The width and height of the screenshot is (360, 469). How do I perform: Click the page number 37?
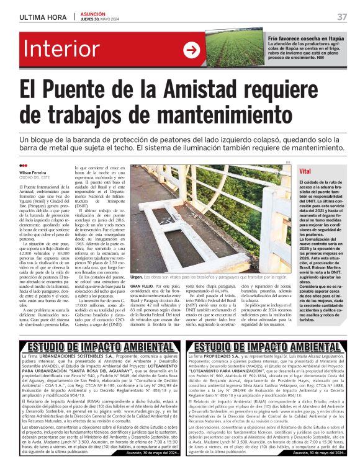coord(342,16)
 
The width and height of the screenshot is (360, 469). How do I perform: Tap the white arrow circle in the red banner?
coord(191,51)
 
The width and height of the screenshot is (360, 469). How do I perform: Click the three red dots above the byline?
coord(24,165)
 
